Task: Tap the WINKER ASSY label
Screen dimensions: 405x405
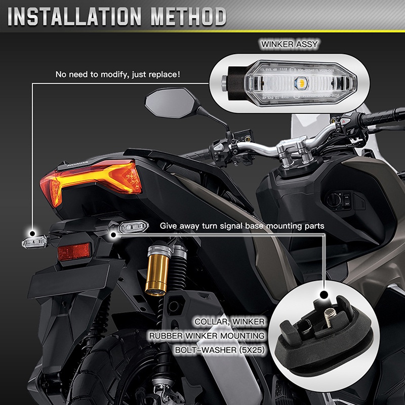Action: coord(289,45)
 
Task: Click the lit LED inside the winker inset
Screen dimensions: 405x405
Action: coord(300,81)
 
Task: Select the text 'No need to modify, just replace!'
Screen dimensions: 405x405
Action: coord(118,75)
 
